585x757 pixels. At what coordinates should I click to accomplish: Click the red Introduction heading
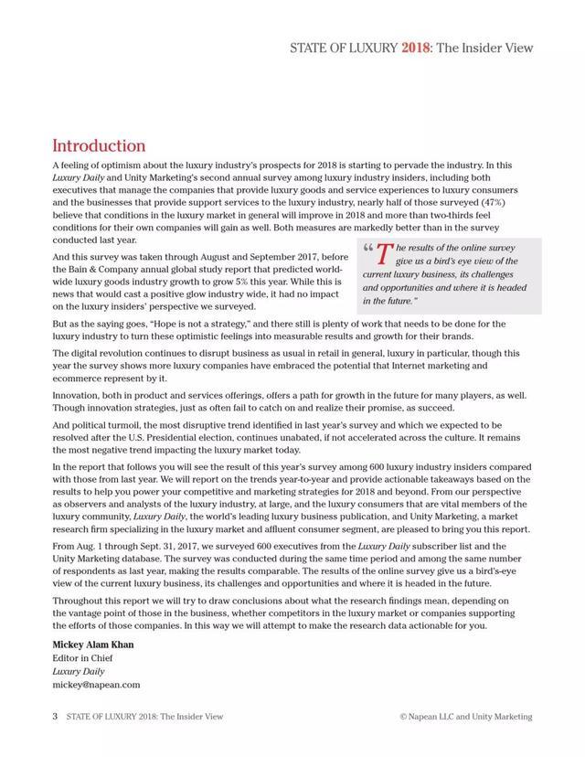coord(99,145)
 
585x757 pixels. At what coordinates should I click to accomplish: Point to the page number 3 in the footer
coord(55,717)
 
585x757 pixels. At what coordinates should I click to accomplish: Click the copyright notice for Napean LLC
coord(466,717)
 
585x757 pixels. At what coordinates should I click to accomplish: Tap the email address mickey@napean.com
coord(96,684)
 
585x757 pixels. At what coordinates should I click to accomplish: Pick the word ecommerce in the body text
coord(78,378)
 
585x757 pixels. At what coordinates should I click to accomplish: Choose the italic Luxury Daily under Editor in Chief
coord(78,671)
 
